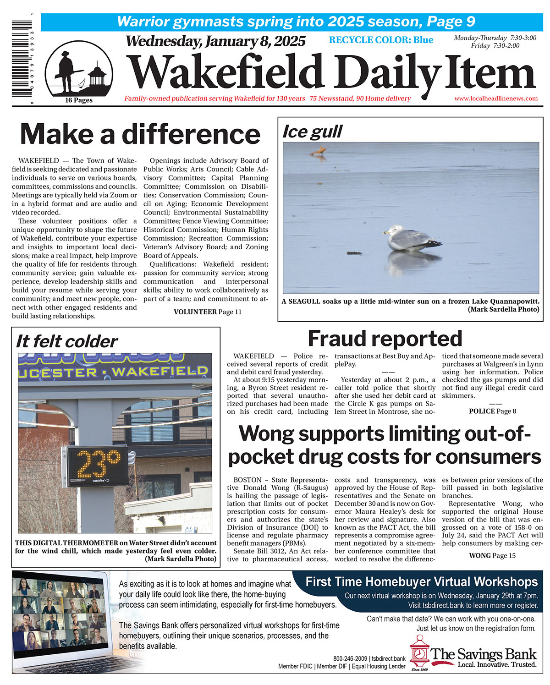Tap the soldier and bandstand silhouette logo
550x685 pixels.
coord(79,69)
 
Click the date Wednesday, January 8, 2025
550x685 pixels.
coord(215,41)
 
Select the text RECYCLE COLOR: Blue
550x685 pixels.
coord(381,40)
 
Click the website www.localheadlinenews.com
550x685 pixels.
coord(496,99)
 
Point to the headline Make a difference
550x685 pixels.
coord(140,134)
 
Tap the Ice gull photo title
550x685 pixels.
coord(312,132)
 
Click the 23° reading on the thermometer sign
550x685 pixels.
coord(99,465)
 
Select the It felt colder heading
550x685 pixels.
coord(67,341)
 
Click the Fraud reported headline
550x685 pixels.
coord(385,339)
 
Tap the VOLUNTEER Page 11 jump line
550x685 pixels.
coord(207,312)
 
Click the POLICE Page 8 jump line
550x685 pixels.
coord(492,411)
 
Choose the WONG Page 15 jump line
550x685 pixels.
coord(492,555)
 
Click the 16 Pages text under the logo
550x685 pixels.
coord(78,100)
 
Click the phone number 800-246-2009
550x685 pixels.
coord(351,658)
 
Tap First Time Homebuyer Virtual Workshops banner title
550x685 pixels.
coord(421,582)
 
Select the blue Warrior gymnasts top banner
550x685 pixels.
coord(296,22)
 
